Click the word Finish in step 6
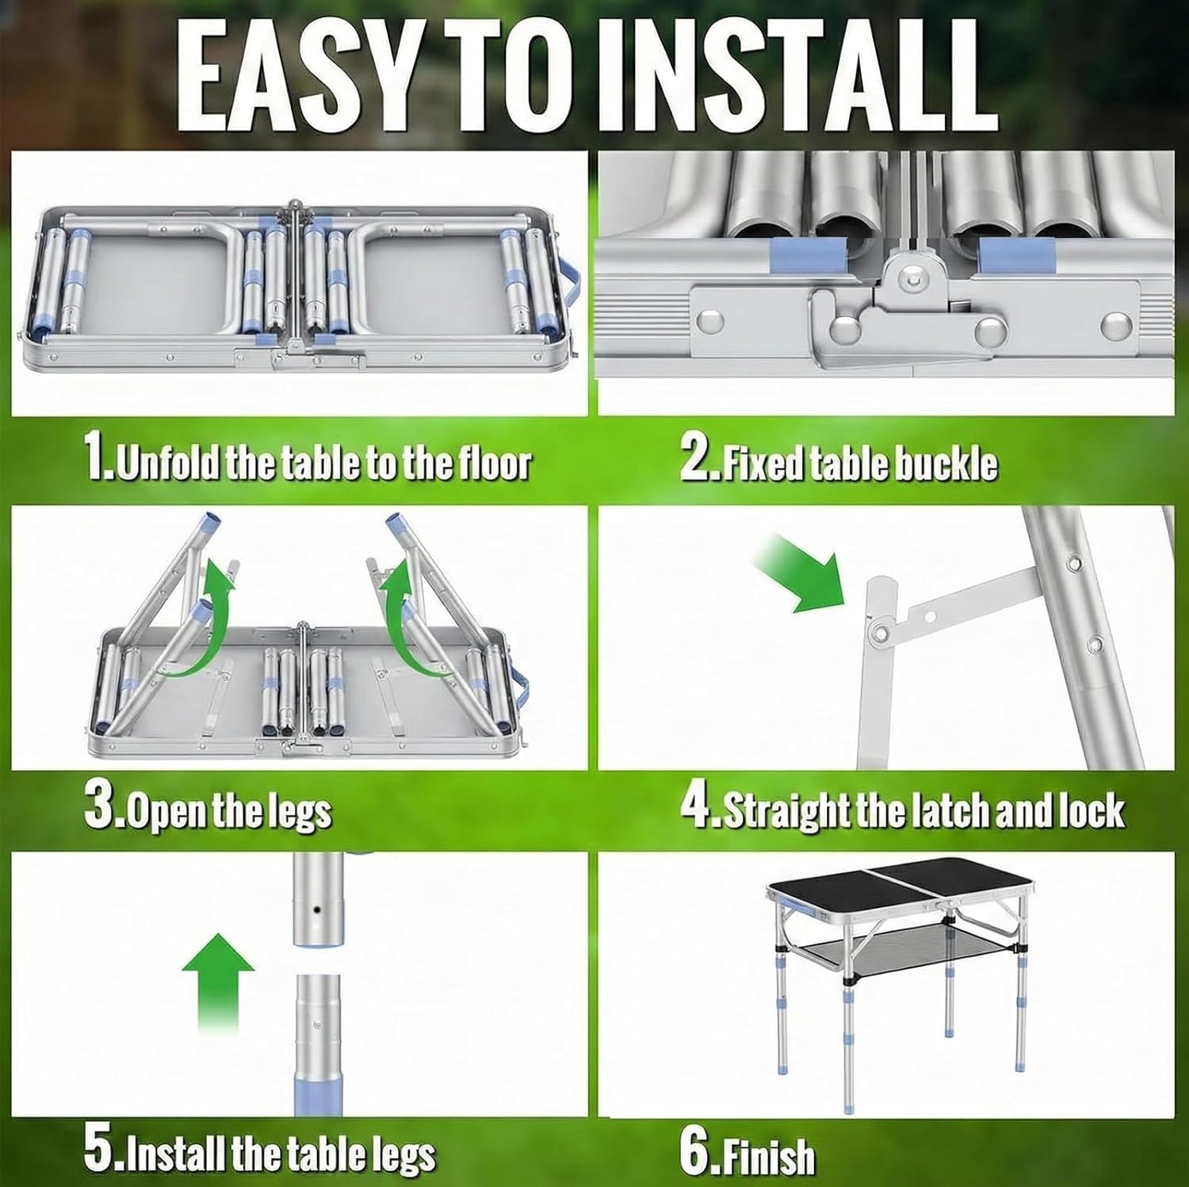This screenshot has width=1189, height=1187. click(768, 1156)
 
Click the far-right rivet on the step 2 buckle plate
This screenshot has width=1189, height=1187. click(1118, 324)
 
